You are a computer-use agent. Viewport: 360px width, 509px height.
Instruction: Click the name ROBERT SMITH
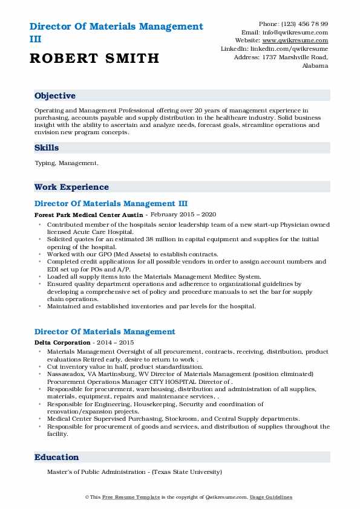[x=94, y=58]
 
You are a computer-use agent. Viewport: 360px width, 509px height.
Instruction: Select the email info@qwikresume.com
[x=301, y=32]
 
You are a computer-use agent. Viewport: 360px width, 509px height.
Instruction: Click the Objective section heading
[x=55, y=96]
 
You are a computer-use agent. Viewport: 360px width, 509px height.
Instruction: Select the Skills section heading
[x=47, y=148]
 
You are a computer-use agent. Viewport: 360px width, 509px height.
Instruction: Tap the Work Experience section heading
[x=71, y=187]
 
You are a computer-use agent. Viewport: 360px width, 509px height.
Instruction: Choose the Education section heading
[x=56, y=458]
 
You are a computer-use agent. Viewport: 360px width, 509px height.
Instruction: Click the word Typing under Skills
[x=45, y=163]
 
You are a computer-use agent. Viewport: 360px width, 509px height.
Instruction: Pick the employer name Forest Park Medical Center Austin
[x=89, y=215]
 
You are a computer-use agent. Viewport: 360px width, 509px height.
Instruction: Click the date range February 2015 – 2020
[x=183, y=215]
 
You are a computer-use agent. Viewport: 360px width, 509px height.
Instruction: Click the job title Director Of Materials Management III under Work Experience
[x=115, y=204]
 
